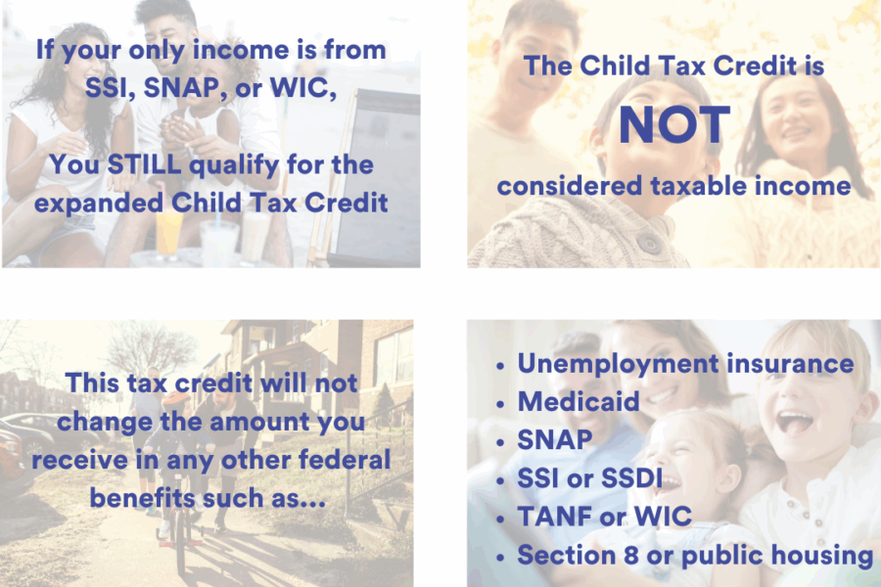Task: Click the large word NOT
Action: point(674,125)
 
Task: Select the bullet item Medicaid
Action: point(579,402)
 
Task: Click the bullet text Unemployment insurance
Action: point(685,364)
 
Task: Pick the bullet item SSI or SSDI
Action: point(590,478)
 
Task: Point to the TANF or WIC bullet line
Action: point(605,517)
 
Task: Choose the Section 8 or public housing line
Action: point(695,555)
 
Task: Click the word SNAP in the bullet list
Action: point(555,440)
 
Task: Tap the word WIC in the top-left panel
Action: point(303,87)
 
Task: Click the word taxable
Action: point(698,186)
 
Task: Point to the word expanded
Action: point(98,203)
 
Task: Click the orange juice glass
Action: point(169,233)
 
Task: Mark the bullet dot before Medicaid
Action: point(500,404)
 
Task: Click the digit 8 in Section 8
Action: point(631,555)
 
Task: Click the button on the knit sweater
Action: point(650,245)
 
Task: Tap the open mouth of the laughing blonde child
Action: point(794,423)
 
